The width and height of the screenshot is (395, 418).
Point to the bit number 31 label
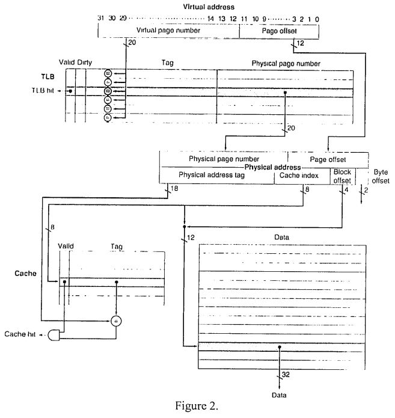click(x=101, y=19)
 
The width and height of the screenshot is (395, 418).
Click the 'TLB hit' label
click(x=46, y=91)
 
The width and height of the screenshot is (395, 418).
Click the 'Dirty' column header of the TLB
click(x=85, y=63)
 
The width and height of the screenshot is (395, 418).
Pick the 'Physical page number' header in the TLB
click(x=286, y=63)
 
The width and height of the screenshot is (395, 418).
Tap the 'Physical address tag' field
click(x=216, y=175)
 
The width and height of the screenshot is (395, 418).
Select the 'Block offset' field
click(x=342, y=175)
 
